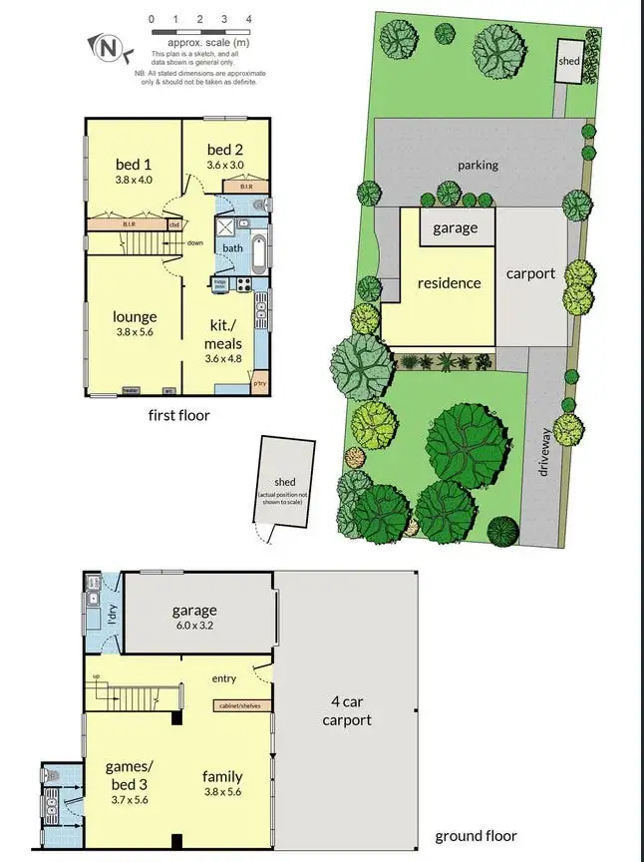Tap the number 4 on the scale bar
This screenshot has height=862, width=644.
coord(248,18)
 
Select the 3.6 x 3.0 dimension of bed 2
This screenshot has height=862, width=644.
coord(224,166)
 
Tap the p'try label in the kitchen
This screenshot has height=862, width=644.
coord(260,383)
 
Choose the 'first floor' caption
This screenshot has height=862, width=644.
coord(178,415)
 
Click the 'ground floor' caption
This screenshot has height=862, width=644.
coord(476,836)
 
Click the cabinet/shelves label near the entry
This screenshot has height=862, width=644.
coord(240,706)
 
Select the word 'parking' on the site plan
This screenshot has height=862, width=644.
coord(478,166)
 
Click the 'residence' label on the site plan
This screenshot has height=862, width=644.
coord(449,283)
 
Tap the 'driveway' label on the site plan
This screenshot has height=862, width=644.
coord(544,451)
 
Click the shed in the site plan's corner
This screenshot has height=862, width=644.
coord(568,62)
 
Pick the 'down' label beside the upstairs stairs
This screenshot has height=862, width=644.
coord(194,242)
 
